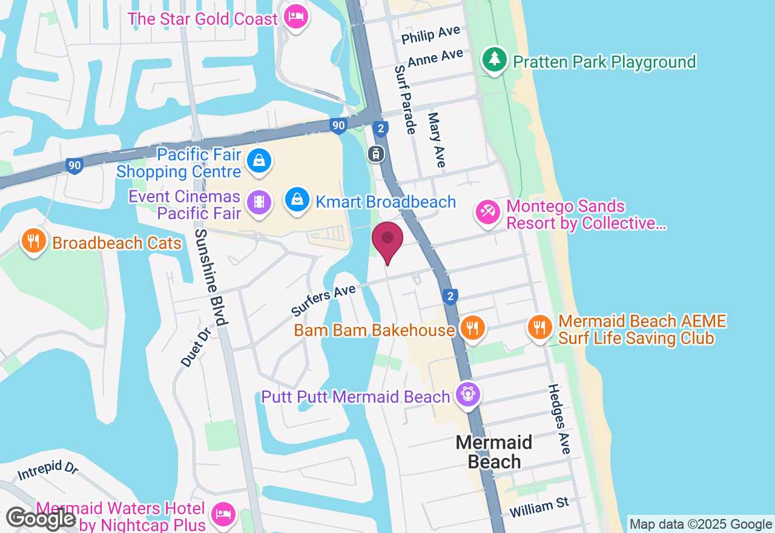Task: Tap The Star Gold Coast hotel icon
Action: [295, 18]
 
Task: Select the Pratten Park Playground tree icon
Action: [495, 59]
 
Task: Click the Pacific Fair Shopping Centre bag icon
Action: [259, 161]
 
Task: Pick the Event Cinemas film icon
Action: [259, 203]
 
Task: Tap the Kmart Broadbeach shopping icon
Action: [297, 199]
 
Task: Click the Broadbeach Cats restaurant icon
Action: [33, 241]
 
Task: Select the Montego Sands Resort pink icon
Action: [487, 212]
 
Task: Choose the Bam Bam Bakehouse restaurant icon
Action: [471, 328]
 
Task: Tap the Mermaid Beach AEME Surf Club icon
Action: [539, 327]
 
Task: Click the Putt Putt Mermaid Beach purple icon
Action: [467, 394]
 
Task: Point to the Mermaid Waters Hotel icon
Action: [223, 514]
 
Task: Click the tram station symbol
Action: [376, 154]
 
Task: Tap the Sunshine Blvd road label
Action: [211, 277]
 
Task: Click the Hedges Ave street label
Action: [559, 419]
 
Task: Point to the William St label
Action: [539, 508]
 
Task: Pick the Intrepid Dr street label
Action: [48, 471]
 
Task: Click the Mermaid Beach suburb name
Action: [494, 452]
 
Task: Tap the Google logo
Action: [41, 519]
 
